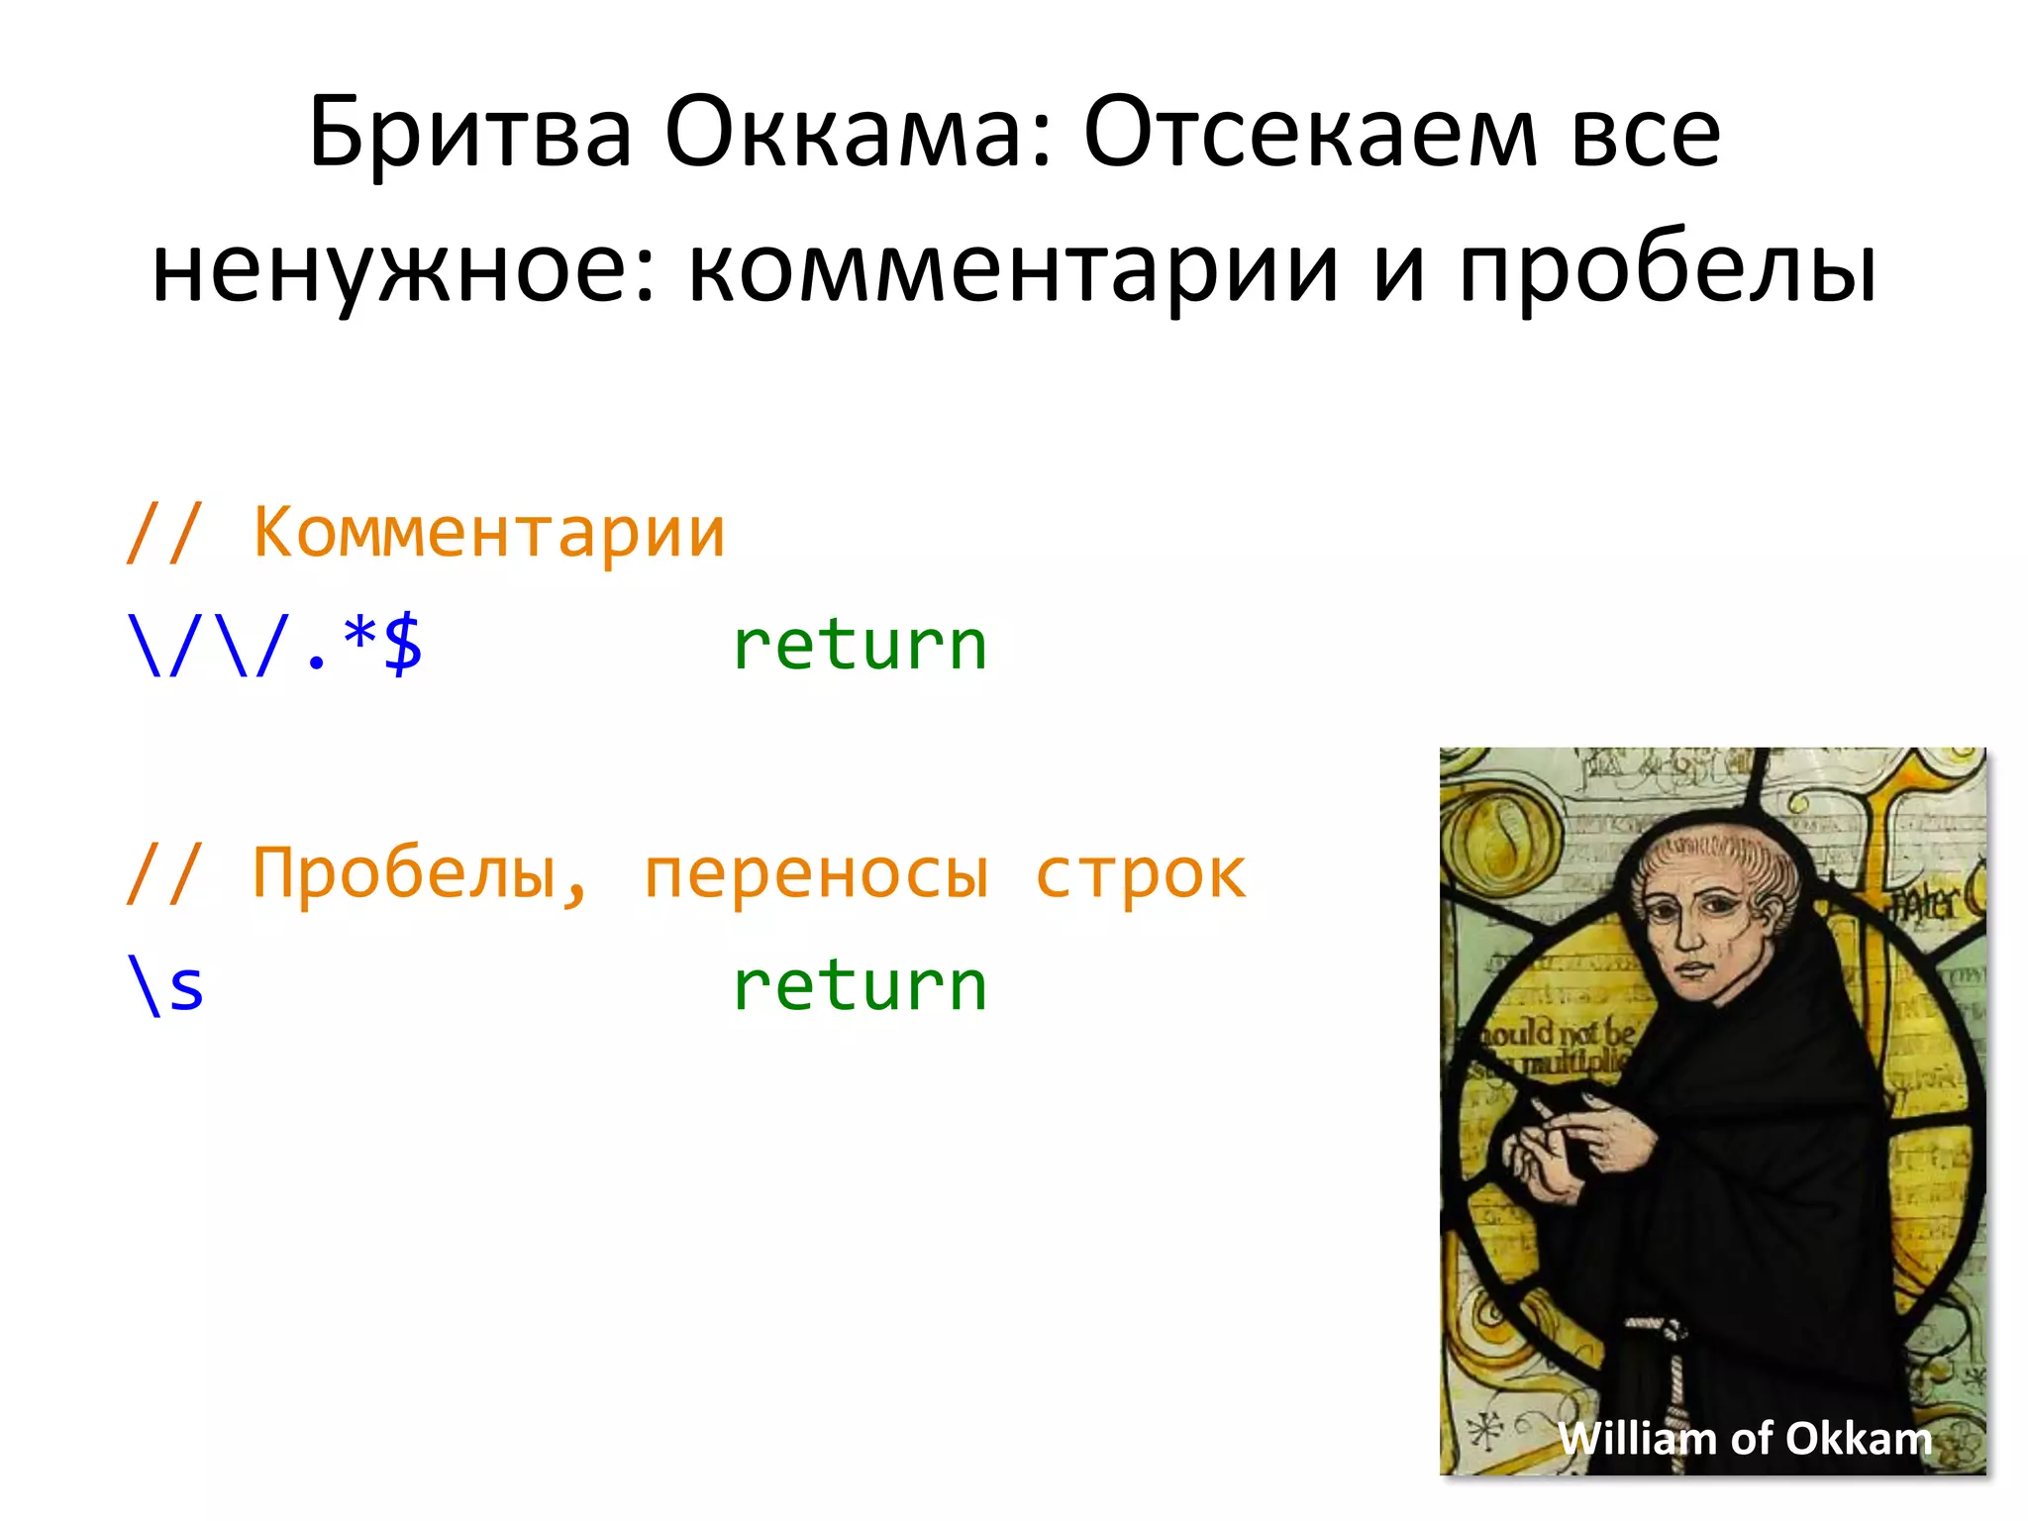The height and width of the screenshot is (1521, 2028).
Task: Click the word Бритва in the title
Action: click(x=469, y=134)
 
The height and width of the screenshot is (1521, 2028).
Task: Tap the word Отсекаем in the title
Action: click(x=1310, y=134)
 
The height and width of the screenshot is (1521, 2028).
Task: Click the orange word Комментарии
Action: click(x=489, y=533)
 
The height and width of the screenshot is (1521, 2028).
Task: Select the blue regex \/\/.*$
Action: click(x=274, y=646)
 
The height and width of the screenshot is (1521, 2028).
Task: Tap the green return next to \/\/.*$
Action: click(x=860, y=646)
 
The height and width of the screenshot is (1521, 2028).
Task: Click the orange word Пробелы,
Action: click(x=420, y=873)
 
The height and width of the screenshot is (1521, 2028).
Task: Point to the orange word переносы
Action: click(x=816, y=875)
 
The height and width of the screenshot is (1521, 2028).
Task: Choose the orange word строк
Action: click(x=1141, y=875)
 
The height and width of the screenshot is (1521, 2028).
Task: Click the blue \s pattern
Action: click(x=165, y=986)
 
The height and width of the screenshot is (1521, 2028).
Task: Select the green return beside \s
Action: click(x=860, y=986)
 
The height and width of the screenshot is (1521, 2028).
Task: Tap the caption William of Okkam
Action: click(x=1745, y=1438)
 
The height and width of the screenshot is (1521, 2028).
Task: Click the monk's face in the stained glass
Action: click(x=1695, y=931)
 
